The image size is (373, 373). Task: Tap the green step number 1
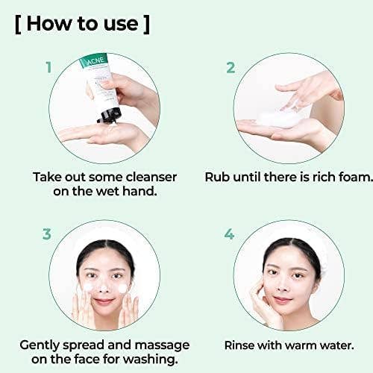click(x=48, y=67)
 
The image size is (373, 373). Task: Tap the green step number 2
click(x=231, y=67)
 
